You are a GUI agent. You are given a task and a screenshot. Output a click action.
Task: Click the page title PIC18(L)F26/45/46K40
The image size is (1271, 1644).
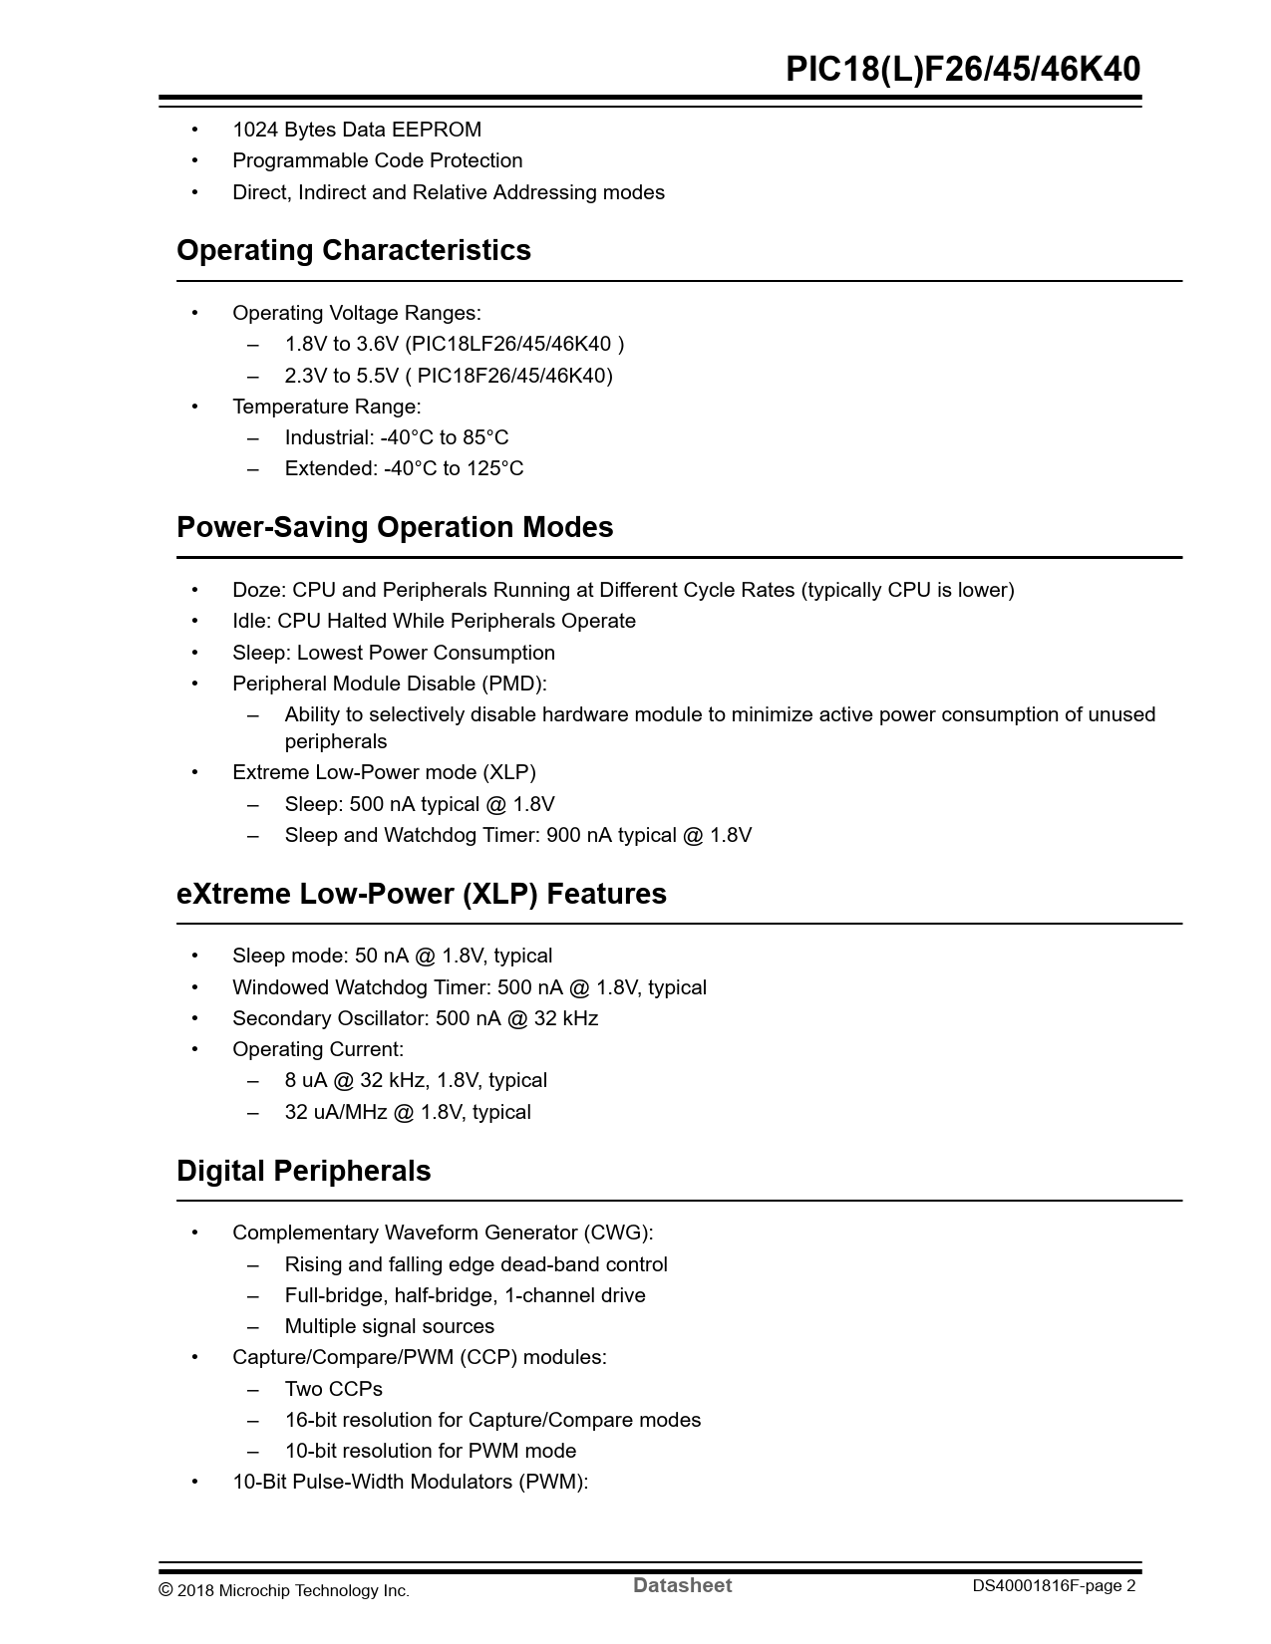(962, 69)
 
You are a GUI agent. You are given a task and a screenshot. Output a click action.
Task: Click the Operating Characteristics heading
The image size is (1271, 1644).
(353, 250)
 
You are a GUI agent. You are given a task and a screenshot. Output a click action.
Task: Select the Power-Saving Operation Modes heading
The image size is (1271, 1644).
(394, 527)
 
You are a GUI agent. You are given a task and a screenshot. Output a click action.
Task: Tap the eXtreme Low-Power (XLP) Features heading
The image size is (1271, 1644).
(421, 894)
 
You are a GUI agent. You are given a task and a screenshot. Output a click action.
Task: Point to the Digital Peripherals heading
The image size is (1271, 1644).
(303, 1171)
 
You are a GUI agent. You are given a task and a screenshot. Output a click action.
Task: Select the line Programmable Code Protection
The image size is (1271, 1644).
(377, 160)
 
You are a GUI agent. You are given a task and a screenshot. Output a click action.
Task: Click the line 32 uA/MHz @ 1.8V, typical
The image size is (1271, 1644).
(407, 1112)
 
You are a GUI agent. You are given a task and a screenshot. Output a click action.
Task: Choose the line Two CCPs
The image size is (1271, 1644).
(333, 1389)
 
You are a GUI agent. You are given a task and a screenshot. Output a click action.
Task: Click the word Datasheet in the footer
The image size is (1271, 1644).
(682, 1585)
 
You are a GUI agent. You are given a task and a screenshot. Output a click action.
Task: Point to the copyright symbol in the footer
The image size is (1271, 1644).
(166, 1590)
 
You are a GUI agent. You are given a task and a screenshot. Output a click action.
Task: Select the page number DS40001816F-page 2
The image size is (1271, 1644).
(1054, 1586)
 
